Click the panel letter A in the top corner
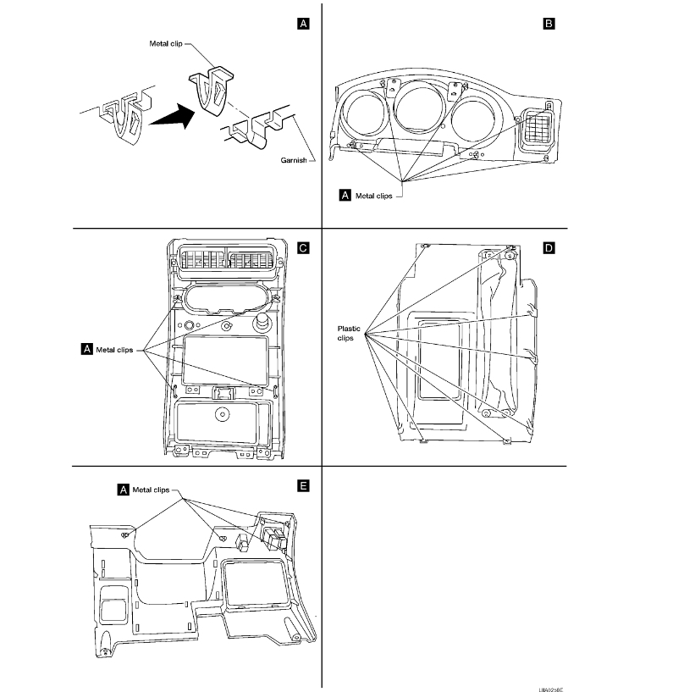[x=302, y=25]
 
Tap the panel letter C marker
[x=302, y=248]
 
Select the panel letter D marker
[x=549, y=248]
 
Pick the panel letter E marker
[x=302, y=486]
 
